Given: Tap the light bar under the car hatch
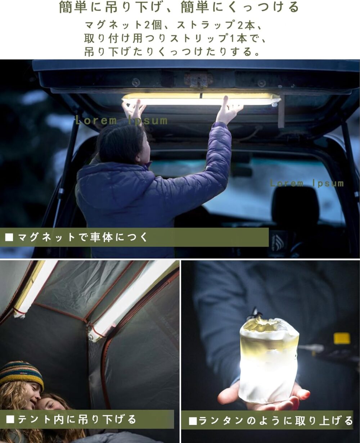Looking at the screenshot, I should [x=202, y=99].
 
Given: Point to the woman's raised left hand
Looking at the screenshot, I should [x=134, y=109].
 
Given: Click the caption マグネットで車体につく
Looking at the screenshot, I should [x=83, y=238].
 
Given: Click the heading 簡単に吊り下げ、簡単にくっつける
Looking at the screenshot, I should [x=179, y=8].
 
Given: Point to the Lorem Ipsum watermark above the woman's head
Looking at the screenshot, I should [x=121, y=121].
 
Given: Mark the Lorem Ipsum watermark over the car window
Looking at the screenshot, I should [x=307, y=184].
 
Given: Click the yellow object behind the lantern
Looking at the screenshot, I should [x=342, y=338].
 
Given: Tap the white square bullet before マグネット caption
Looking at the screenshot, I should [x=9, y=238].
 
